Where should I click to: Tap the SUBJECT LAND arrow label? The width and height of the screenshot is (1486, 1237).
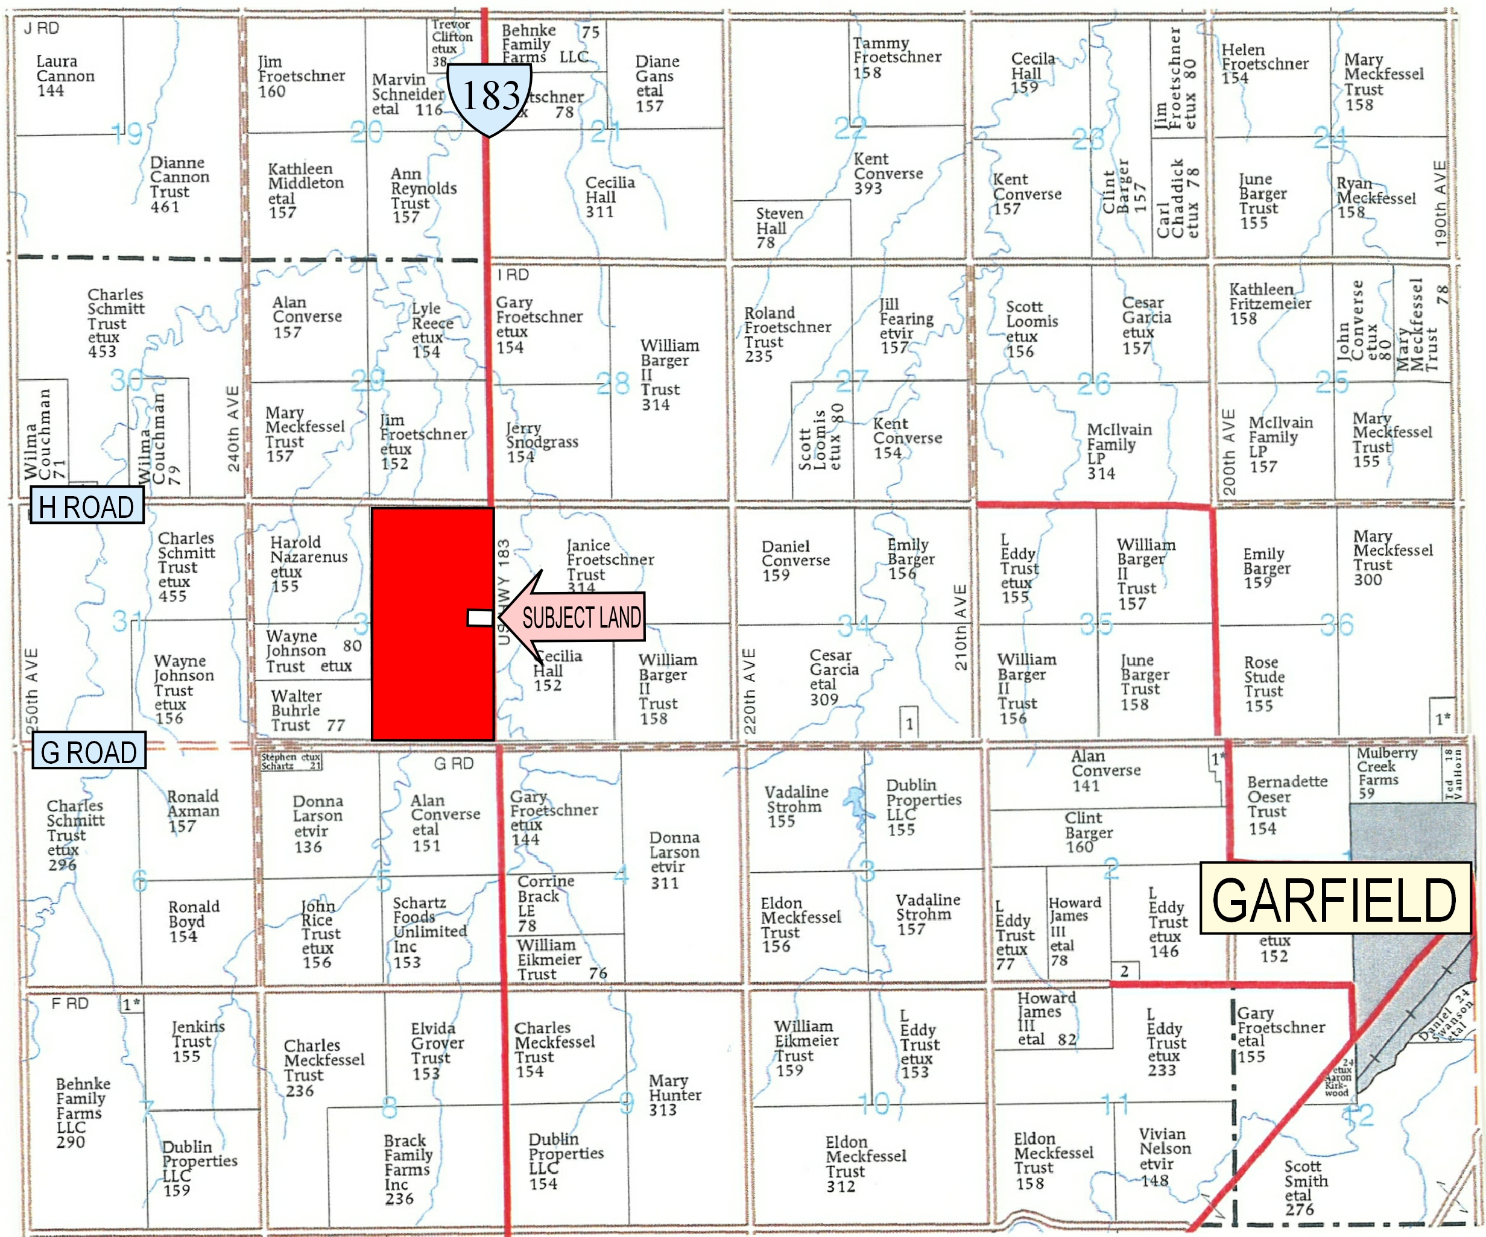click(x=580, y=617)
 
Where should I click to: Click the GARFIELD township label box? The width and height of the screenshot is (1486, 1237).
click(x=1335, y=898)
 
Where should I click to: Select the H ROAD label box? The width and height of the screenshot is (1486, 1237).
click(x=86, y=507)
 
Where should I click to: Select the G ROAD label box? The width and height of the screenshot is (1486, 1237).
click(x=89, y=752)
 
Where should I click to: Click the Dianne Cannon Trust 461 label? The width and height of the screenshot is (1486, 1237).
click(x=179, y=184)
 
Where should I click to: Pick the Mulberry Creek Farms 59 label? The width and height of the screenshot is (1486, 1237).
click(x=1385, y=772)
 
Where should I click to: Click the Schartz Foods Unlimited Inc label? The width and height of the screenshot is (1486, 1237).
click(x=428, y=932)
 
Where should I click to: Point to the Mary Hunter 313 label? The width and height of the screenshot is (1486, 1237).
click(x=674, y=1095)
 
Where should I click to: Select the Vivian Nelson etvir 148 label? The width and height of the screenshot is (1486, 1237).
click(x=1164, y=1157)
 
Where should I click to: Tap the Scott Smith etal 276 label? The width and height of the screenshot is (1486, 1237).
click(x=1306, y=1188)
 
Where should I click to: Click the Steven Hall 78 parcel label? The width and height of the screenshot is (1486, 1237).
click(x=779, y=228)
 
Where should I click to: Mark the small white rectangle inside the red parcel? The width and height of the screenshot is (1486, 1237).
click(x=479, y=617)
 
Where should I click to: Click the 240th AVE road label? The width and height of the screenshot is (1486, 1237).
click(x=233, y=429)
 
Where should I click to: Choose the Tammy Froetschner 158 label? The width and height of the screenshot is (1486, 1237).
click(x=896, y=58)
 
